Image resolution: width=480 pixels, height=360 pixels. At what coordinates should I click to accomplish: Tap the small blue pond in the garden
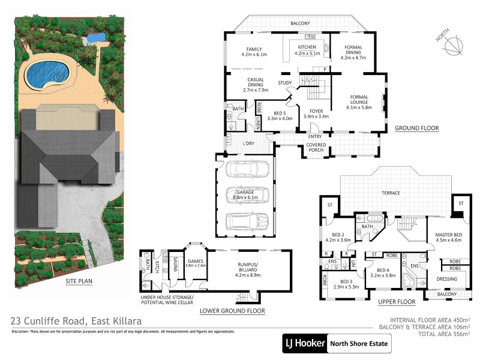pyautogui.click(x=94, y=38)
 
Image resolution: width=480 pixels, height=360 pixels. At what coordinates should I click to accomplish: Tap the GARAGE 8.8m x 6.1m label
pyautogui.click(x=244, y=194)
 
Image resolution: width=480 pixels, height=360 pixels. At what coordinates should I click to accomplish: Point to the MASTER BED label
pyautogui.click(x=444, y=237)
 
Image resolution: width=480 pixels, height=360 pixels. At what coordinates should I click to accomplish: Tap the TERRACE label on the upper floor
pyautogui.click(x=391, y=193)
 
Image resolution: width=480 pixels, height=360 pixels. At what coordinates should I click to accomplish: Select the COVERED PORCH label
pyautogui.click(x=316, y=148)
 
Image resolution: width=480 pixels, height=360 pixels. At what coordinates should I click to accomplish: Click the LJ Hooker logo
pyautogui.click(x=304, y=345)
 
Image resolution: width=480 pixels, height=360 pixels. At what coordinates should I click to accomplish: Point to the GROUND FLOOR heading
pyautogui.click(x=416, y=128)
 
